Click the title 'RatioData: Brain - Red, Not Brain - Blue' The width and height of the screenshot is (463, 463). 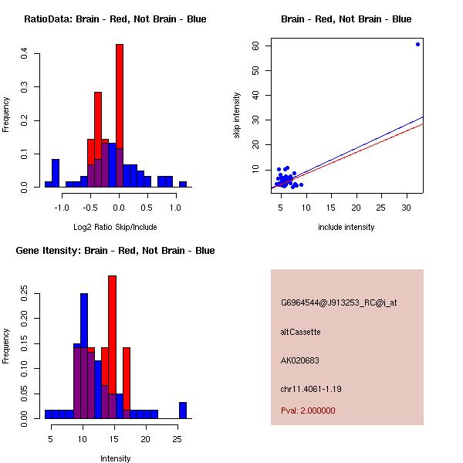[115, 19]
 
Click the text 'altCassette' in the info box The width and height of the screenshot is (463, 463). [301, 332]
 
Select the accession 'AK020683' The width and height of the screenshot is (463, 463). [300, 360]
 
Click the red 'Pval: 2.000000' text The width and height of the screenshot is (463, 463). [308, 411]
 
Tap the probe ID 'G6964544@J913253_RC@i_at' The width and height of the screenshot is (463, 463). [339, 302]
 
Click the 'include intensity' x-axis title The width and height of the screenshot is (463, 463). [346, 227]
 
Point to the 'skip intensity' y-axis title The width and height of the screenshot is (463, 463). [237, 116]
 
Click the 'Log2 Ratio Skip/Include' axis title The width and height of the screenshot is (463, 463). [115, 227]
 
